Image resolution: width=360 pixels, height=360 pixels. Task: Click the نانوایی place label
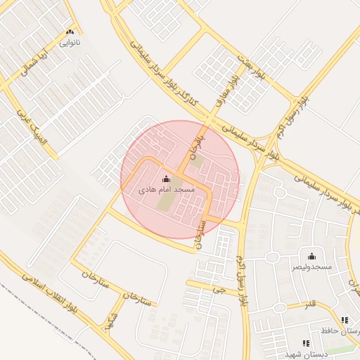click(x=69, y=43)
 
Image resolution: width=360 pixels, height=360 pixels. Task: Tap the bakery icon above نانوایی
click(x=69, y=32)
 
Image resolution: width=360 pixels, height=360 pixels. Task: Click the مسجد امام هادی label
click(x=166, y=190)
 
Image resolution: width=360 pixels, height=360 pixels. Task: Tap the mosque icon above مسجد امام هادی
click(x=166, y=179)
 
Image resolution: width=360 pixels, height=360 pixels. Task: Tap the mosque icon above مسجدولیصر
click(x=311, y=257)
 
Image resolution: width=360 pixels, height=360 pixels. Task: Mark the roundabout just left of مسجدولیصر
click(x=272, y=257)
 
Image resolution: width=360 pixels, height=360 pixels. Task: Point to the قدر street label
click(x=309, y=304)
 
